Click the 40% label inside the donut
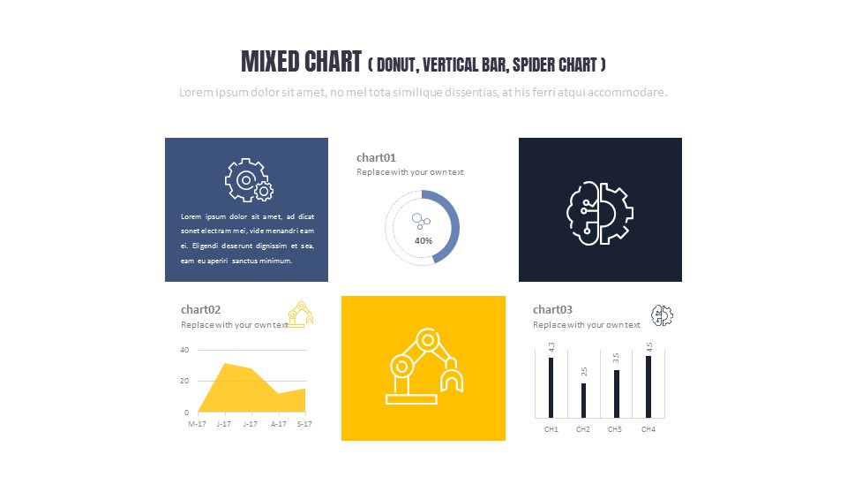coord(423,240)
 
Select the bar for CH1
coord(551,387)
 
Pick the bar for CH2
coord(583,400)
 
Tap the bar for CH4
coord(648,386)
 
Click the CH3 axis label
coord(615,429)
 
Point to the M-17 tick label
coord(198,424)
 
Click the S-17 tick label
coord(304,424)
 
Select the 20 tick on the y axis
coord(184,381)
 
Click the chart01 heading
coord(377,157)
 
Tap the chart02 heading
coord(201,309)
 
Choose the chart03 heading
coord(553,309)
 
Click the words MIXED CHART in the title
coord(301,62)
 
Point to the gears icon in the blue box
coord(248,181)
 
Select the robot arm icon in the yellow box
coord(423,367)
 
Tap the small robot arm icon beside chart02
coord(301,314)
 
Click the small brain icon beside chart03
coord(662,314)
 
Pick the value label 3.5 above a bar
coord(616,358)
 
